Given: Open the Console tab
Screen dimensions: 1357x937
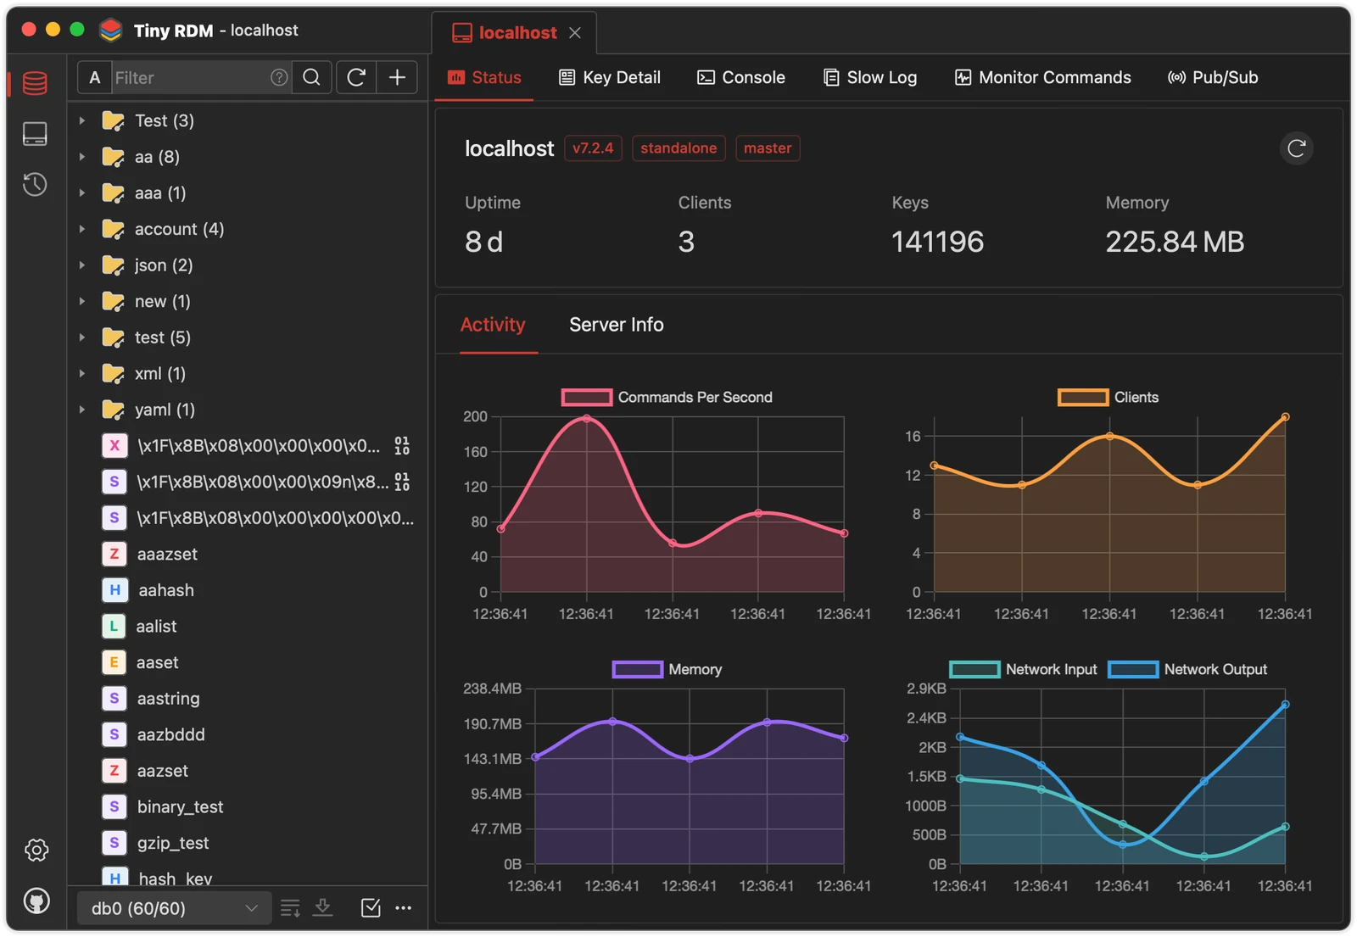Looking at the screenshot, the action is (x=741, y=77).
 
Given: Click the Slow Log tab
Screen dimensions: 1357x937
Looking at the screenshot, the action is (x=870, y=77).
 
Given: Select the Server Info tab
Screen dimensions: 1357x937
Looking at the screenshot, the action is (x=616, y=325).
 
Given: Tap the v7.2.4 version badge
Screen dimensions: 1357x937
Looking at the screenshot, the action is (x=593, y=148).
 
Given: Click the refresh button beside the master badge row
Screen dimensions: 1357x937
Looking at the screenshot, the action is (x=1297, y=148).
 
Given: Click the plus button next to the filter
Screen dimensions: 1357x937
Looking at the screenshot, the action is (x=397, y=77).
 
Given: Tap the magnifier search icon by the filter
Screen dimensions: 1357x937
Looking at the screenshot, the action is (x=311, y=77).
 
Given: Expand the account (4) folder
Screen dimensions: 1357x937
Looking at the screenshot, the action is (x=81, y=229).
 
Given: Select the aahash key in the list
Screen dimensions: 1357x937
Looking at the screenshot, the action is (x=166, y=590).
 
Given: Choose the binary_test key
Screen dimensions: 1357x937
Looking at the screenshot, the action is (x=180, y=806).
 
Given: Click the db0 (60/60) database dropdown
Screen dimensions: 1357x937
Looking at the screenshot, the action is (x=174, y=908).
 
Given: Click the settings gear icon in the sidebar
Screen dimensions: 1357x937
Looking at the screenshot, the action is (x=36, y=850).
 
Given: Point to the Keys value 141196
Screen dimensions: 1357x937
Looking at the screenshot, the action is (x=937, y=242).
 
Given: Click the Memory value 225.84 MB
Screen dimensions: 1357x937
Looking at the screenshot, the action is (x=1175, y=242).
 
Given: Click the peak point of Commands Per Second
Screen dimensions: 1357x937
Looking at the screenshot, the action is (x=586, y=418).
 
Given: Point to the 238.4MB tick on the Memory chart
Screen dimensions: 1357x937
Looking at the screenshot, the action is (x=492, y=689).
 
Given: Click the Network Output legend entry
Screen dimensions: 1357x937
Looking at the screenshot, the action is (x=1187, y=669).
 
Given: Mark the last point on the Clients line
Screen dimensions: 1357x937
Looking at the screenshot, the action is (x=1285, y=416).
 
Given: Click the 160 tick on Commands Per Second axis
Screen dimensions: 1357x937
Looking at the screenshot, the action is (x=476, y=451).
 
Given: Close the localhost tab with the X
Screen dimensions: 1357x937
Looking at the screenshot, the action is (x=575, y=33).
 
